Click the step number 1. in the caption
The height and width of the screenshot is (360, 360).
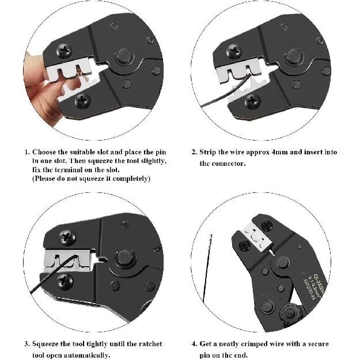[x=26, y=152]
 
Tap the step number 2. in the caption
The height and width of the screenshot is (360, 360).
[x=194, y=152]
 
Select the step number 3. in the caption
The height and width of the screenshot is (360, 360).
[x=26, y=344]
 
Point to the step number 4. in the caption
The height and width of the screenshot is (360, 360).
[x=194, y=344]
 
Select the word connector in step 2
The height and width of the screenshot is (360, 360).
[x=230, y=164]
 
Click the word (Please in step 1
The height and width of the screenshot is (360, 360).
[x=46, y=179]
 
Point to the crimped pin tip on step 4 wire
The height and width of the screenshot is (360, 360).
[x=211, y=239]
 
